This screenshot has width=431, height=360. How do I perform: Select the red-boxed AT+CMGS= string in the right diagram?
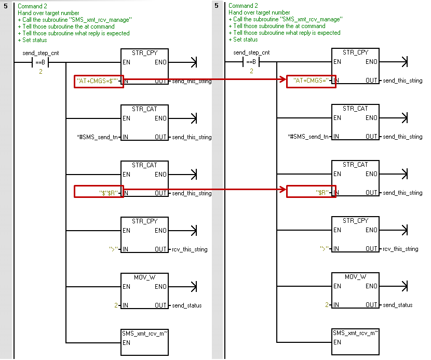311,81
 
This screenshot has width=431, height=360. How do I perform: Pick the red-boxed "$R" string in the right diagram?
311,192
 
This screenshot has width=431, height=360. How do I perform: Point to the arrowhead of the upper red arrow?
284,81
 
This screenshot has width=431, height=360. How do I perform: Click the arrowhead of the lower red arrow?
284,190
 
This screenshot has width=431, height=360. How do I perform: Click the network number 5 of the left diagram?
6,6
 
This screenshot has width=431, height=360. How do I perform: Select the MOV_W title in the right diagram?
355,277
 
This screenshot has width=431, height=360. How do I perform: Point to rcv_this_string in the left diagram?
190,249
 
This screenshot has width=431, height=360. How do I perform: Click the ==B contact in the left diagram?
40,63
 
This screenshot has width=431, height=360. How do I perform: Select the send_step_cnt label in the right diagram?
251,52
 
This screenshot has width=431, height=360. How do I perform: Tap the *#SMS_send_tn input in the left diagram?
97,137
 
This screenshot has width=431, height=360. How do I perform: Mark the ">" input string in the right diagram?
325,249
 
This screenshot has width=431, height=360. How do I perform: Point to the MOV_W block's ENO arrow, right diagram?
404,286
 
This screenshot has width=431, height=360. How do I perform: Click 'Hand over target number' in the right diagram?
259,12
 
